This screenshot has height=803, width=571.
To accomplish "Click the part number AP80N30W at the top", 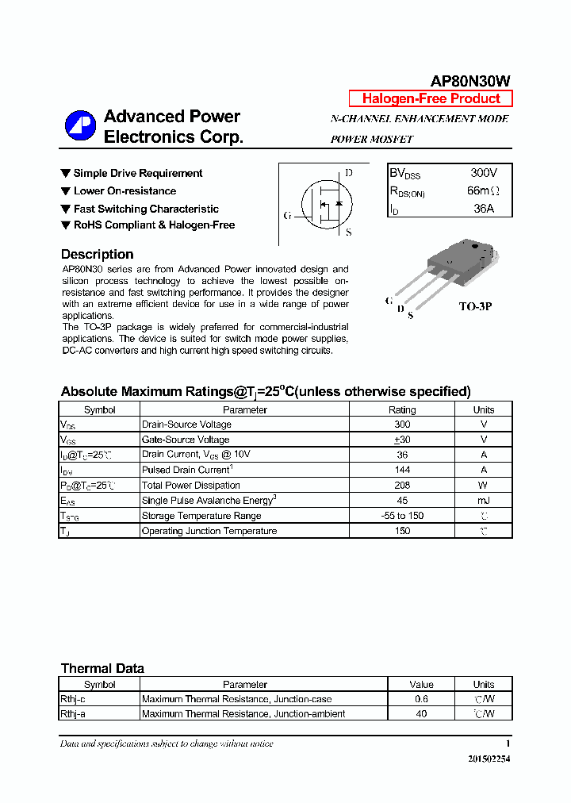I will pos(470,81).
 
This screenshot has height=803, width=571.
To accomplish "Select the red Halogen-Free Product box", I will pos(431,98).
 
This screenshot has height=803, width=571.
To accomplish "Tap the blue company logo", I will pos(80,126).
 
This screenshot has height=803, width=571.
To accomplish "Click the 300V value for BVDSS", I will pos(483,172).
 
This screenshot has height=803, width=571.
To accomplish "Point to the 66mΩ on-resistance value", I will pos(483,190).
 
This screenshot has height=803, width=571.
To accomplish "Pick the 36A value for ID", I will pos(483,209).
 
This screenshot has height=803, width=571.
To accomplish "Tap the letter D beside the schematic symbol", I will pos(348,173).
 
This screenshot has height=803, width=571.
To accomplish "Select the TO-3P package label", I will pos(475,305).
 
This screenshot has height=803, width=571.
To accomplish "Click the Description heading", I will pos(97,254).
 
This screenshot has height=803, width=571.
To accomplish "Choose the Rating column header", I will pos(401,409).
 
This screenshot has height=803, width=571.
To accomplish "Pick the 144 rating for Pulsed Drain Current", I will pos(401,470).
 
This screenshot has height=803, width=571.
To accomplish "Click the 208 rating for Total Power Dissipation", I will pos(401,485).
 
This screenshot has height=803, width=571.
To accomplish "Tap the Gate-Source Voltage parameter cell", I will pos(186,440).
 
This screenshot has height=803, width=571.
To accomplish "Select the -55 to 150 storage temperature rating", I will pos(401,516).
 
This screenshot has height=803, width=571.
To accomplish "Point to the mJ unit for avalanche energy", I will pos(483,501).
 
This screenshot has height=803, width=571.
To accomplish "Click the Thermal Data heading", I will pos(102,668).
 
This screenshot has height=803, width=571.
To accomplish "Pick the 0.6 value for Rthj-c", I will pos(421,699).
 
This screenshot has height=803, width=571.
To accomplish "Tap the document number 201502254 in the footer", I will pos(489,759).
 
